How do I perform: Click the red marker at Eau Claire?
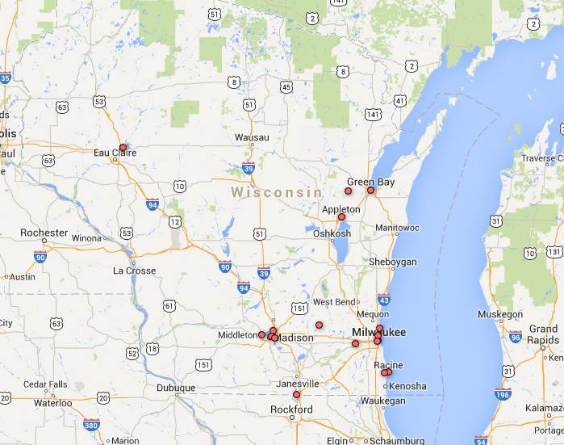[x=123, y=148]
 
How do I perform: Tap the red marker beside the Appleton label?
[x=341, y=216]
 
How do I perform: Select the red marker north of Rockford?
[x=296, y=395]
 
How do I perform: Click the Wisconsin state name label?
[x=276, y=192]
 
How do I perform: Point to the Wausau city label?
[x=252, y=137]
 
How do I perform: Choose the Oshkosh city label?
[x=332, y=233]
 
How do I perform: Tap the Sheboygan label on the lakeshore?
[x=392, y=262]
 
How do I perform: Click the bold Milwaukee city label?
[x=378, y=333]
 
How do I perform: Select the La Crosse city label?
[x=134, y=271]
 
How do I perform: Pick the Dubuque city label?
[x=175, y=388]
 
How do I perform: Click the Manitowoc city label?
[x=397, y=228]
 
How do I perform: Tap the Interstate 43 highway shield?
[x=384, y=300]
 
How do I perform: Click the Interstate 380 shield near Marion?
[x=91, y=424]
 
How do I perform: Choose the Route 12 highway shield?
[x=175, y=221]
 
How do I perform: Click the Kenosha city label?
[x=407, y=386]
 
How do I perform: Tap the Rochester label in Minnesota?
[x=44, y=233]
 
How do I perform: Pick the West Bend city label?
[x=334, y=302]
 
